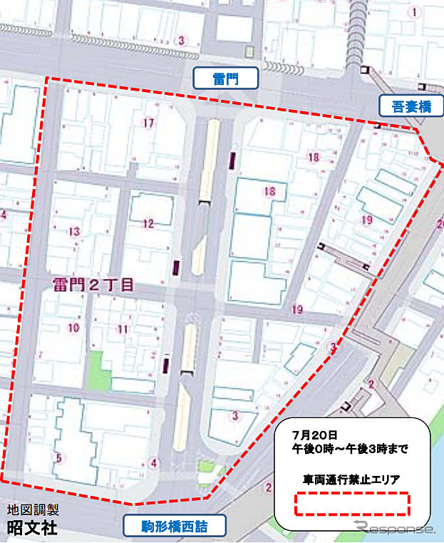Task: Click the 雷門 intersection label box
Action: click(226, 78)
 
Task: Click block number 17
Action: click(148, 123)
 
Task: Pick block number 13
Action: click(74, 231)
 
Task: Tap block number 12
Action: click(148, 223)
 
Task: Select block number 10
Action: click(73, 328)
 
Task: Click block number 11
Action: click(123, 329)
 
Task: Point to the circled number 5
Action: click(59, 458)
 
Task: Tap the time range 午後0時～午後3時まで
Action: click(350, 449)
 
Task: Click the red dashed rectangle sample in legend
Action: click(353, 504)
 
